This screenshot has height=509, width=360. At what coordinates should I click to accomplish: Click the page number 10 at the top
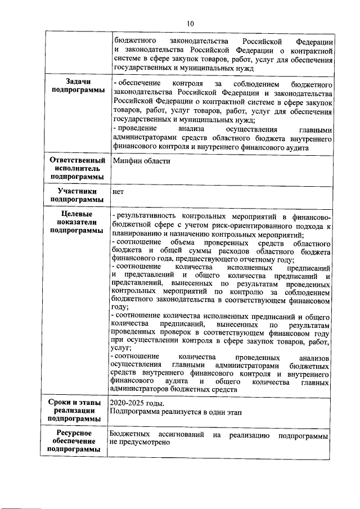pyautogui.click(x=190, y=23)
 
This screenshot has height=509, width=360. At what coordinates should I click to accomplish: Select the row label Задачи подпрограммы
pyautogui.click(x=77, y=87)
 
